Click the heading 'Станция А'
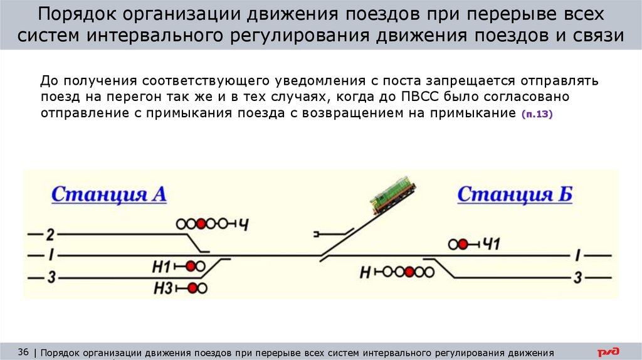[108, 194]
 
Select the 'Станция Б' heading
[515, 194]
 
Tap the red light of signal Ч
[201, 223]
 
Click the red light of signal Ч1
[463, 244]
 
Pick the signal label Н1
[161, 267]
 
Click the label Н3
[162, 288]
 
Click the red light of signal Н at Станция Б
[409, 272]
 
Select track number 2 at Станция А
[51, 235]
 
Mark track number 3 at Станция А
[51, 276]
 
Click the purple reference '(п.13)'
[536, 114]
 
